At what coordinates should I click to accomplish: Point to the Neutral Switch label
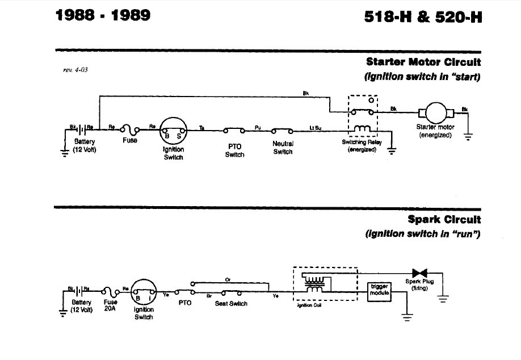pos(283,148)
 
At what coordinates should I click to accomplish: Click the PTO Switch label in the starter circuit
pos(234,150)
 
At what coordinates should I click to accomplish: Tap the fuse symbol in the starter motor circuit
pos(130,129)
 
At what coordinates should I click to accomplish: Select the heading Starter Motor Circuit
pos(424,62)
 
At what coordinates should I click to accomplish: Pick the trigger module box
pos(379,290)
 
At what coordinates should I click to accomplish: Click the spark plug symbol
pos(421,273)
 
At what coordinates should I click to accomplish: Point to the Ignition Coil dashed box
pos(325,284)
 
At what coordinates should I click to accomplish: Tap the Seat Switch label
pos(230,304)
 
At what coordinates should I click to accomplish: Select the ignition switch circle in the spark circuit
pos(144,294)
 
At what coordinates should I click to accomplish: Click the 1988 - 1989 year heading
pos(103,15)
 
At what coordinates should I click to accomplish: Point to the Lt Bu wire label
pos(315,128)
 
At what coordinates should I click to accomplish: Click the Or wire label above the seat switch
pos(228,279)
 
